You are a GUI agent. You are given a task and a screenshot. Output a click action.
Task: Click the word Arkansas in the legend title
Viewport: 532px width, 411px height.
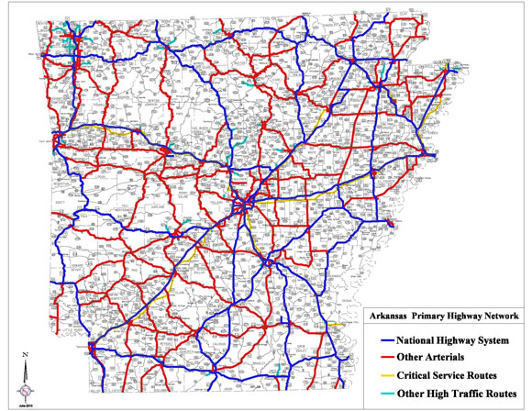389,316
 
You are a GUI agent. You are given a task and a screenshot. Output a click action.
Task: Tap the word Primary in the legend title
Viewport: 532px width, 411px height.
429,316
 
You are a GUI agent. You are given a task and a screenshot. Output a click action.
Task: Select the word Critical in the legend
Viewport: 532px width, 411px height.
414,375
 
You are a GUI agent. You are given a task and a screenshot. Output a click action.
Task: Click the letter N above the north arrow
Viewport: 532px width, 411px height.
28,354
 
